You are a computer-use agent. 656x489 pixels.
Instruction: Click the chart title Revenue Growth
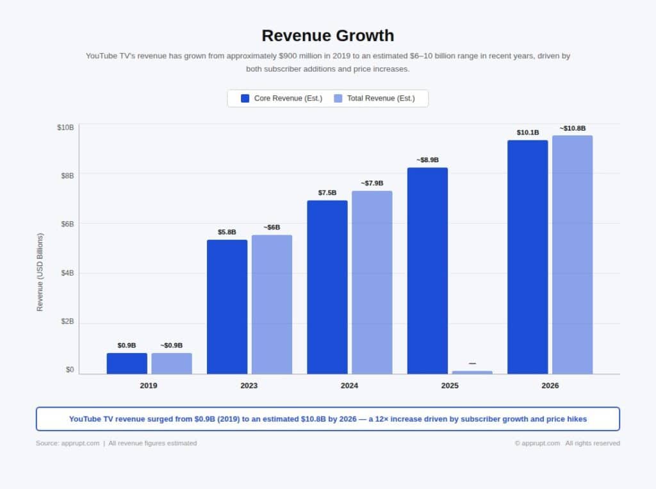(327, 35)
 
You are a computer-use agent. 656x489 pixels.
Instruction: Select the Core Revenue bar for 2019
(127, 363)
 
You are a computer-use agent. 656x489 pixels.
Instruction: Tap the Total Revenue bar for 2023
(272, 304)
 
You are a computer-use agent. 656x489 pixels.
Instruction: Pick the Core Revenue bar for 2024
(327, 287)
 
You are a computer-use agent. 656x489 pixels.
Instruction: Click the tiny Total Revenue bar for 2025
(472, 372)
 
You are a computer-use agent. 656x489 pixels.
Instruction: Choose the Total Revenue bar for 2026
(572, 254)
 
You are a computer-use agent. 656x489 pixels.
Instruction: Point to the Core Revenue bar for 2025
(427, 270)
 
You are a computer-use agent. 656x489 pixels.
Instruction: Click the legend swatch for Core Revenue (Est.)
(245, 98)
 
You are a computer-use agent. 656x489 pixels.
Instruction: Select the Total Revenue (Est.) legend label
(381, 98)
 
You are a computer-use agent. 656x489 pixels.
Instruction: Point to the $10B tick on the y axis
(65, 128)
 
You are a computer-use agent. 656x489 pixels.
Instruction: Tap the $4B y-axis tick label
(67, 273)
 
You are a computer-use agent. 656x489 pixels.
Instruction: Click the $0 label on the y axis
(69, 370)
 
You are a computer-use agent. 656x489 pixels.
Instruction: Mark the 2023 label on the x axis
(249, 386)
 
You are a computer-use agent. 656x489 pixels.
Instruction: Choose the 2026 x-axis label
(550, 386)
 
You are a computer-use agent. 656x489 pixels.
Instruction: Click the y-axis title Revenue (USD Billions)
(40, 272)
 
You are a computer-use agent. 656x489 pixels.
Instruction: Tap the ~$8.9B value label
(427, 160)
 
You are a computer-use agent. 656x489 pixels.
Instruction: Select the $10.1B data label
(528, 133)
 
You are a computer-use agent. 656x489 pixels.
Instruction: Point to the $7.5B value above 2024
(327, 193)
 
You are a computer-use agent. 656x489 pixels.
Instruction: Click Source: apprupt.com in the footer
(67, 443)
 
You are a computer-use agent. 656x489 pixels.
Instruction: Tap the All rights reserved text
(593, 443)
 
